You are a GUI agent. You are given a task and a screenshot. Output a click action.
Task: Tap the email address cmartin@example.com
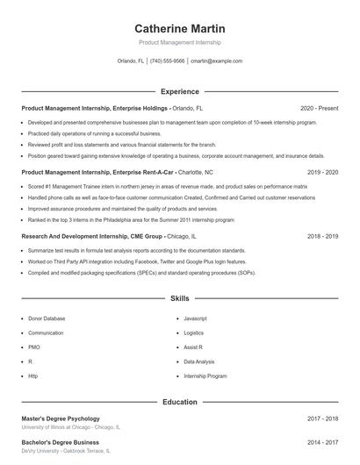click(x=216, y=61)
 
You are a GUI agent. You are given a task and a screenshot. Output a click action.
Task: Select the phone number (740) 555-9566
click(x=167, y=61)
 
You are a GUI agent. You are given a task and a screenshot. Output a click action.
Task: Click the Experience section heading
click(x=179, y=91)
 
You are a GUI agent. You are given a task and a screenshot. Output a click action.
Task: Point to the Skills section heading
click(x=179, y=299)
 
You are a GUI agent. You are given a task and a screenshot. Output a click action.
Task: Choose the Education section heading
click(x=179, y=401)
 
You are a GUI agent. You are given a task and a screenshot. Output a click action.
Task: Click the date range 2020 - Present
click(x=319, y=108)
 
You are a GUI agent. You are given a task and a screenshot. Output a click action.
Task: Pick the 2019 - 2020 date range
click(x=323, y=172)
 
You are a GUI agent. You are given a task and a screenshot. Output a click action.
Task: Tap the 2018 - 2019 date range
click(x=323, y=236)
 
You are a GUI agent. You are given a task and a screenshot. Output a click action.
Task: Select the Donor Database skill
click(x=47, y=318)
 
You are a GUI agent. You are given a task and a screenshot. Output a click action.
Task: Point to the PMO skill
click(x=34, y=347)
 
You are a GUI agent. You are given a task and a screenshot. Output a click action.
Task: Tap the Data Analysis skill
click(x=199, y=361)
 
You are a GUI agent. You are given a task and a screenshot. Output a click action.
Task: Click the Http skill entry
click(x=33, y=376)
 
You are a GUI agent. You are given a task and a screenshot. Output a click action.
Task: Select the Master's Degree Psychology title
click(x=61, y=418)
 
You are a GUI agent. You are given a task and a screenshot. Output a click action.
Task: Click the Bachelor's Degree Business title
click(x=60, y=442)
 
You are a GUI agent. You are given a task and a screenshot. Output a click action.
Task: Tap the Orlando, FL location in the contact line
click(x=131, y=61)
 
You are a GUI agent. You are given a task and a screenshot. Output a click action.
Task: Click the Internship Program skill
click(x=205, y=376)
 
